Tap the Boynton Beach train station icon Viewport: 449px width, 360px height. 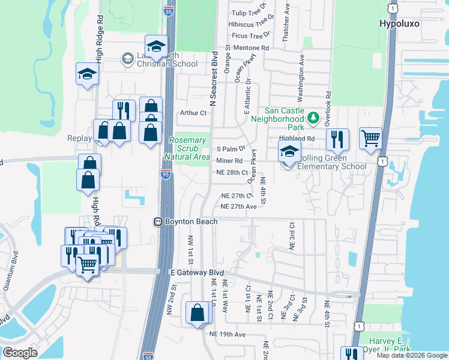pyautogui.click(x=159, y=221)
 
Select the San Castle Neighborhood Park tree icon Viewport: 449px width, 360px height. pyautogui.click(x=312, y=118)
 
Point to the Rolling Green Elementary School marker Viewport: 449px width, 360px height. pyautogui.click(x=289, y=153)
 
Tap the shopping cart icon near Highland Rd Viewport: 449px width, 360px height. pyautogui.click(x=370, y=139)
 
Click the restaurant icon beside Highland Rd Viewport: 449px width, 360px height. pyautogui.click(x=337, y=139)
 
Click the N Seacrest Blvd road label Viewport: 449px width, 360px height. pyautogui.click(x=214, y=76)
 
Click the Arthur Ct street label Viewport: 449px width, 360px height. pyautogui.click(x=193, y=112)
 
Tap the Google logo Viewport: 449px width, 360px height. pyautogui.click(x=20, y=353)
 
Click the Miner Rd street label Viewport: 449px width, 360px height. pyautogui.click(x=229, y=161)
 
